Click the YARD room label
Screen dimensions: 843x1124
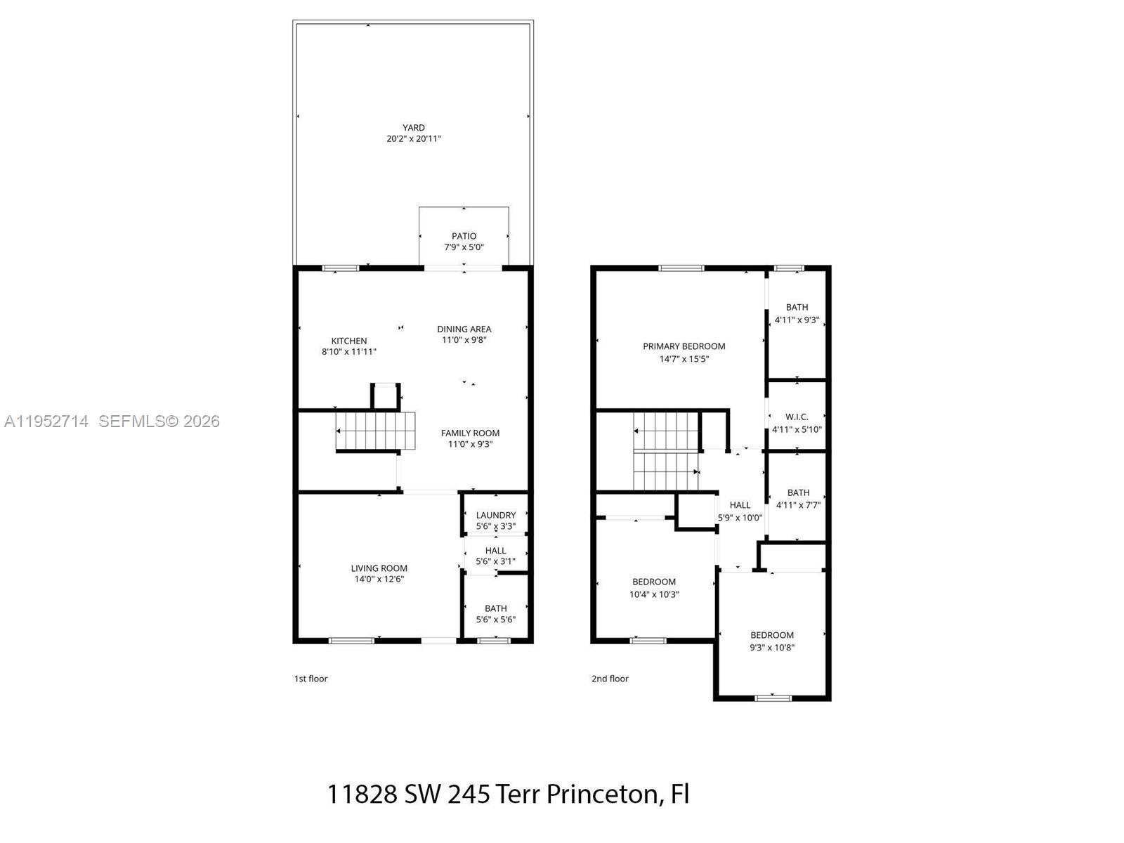pos(413,127)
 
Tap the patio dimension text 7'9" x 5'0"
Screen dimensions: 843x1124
pos(464,247)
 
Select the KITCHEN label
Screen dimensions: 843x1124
pos(349,341)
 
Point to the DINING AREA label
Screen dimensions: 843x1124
pos(464,329)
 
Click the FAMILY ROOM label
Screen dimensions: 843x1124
pos(470,433)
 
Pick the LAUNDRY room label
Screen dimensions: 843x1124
pos(495,515)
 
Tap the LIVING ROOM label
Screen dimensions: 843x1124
pos(379,568)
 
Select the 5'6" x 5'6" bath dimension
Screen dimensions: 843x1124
pos(495,620)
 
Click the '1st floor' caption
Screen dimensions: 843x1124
pos(311,679)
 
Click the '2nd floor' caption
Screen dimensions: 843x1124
pos(610,679)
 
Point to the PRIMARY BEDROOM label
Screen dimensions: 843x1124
pos(684,346)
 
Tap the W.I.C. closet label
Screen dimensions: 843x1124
pos(797,417)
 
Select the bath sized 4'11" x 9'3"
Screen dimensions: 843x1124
pos(797,313)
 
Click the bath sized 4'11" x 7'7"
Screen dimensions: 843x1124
pos(798,499)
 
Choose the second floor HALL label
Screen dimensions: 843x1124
pos(740,505)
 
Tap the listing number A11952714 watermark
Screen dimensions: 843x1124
pos(46,421)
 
